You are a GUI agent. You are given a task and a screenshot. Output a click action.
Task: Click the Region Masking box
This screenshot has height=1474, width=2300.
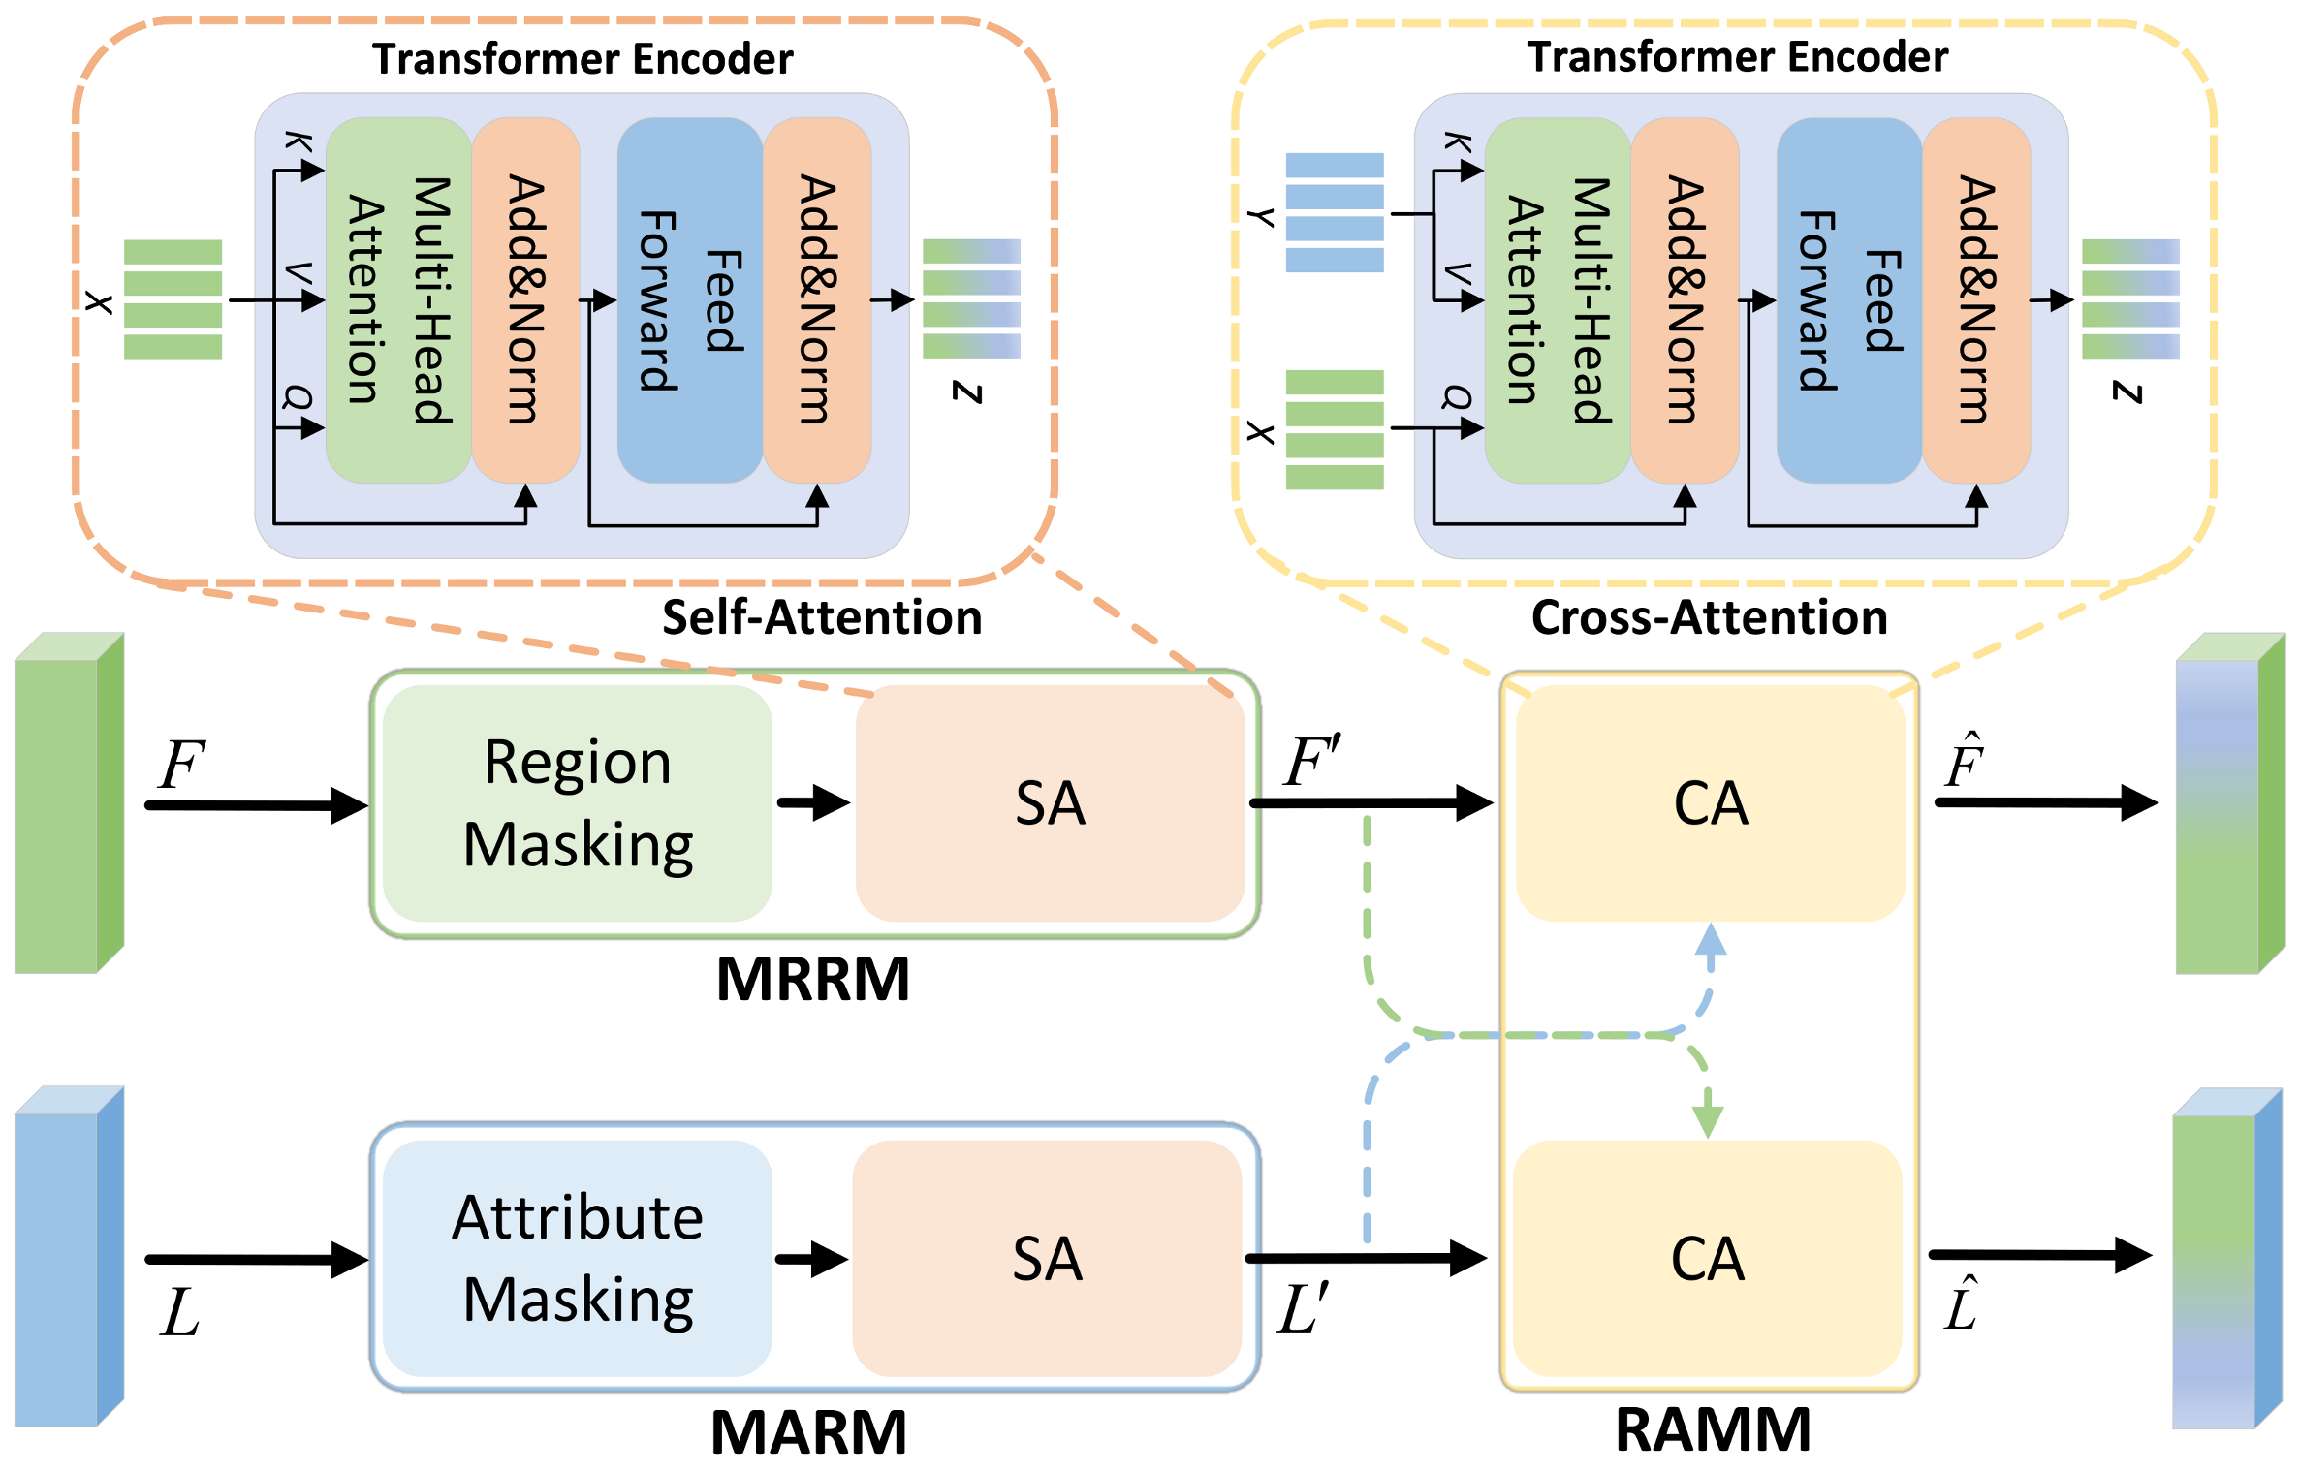pyautogui.click(x=578, y=802)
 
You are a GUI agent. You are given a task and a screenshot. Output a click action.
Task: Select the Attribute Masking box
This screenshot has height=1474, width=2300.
pyautogui.click(x=578, y=1257)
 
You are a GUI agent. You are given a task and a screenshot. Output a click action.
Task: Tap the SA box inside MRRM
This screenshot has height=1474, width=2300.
pyautogui.click(x=1050, y=802)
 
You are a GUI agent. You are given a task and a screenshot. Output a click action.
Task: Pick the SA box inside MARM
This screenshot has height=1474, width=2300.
pyautogui.click(x=1047, y=1258)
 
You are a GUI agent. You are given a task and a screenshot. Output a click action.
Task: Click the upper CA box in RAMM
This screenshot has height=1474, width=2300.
pyautogui.click(x=1711, y=802)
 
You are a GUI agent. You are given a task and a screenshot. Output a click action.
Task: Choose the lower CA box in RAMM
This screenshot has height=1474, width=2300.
pyautogui.click(x=1707, y=1258)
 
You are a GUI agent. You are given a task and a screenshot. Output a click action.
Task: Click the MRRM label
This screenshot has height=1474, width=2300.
pyautogui.click(x=812, y=979)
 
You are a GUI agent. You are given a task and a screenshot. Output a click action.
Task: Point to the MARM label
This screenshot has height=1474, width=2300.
pyautogui.click(x=808, y=1432)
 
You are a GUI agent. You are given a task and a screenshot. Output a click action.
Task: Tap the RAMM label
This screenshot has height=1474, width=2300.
pyautogui.click(x=1713, y=1429)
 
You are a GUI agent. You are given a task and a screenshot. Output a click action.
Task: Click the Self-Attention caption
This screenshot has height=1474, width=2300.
pyautogui.click(x=822, y=617)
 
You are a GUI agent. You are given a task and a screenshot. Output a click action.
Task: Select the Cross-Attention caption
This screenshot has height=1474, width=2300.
pyautogui.click(x=1709, y=617)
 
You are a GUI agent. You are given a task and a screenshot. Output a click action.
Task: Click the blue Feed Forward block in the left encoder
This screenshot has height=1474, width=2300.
pyautogui.click(x=690, y=300)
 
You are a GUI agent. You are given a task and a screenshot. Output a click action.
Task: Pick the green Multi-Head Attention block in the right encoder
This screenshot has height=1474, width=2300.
pyautogui.click(x=1558, y=300)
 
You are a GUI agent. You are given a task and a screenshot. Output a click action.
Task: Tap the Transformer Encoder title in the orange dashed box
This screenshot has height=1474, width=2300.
pyautogui.click(x=583, y=59)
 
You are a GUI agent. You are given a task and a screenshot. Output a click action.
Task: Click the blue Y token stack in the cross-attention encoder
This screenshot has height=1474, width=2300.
pyautogui.click(x=1334, y=212)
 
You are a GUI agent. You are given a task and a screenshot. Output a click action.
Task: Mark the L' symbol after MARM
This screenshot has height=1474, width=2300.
pyautogui.click(x=1303, y=1308)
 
